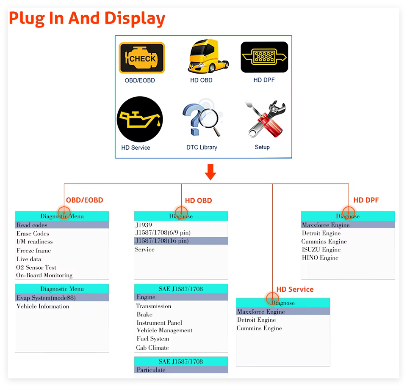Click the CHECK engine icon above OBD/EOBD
141,58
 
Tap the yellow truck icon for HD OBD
208,57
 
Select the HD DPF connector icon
264,57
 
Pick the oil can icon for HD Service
140,119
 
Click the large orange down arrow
210,172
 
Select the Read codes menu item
32,225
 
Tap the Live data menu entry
29,259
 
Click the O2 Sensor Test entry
36,267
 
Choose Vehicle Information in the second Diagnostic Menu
43,306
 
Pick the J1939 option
144,225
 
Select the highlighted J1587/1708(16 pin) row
162,241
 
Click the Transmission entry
154,306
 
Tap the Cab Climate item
152,348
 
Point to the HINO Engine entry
320,257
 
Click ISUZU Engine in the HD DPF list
321,249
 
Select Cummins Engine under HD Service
259,328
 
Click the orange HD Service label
295,289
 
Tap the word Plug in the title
26,18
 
